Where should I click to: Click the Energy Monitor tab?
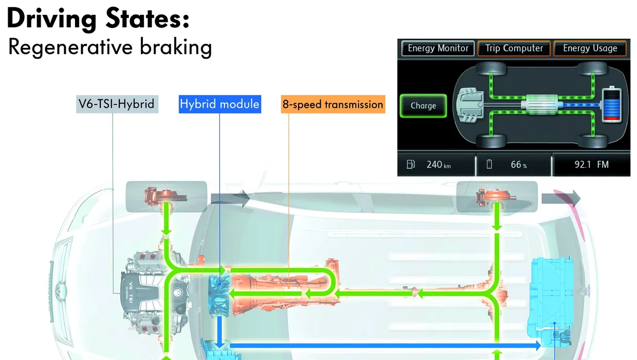pos(438,48)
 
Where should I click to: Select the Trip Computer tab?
pos(514,48)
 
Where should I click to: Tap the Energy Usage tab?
pos(590,48)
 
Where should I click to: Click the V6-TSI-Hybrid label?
pos(117,104)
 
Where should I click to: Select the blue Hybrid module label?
pos(220,104)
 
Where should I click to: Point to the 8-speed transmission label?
pos(333,104)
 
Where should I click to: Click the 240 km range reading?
pos(439,165)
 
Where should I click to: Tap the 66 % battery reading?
pos(519,165)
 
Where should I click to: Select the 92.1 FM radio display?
pos(591,165)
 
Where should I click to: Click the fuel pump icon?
pos(411,165)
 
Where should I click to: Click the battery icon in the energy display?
pos(612,104)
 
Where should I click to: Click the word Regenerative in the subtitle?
pos(70,47)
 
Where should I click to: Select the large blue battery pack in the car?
pos(550,301)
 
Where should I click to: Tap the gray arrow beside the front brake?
pos(230,198)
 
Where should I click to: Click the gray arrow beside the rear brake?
pos(561,198)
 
